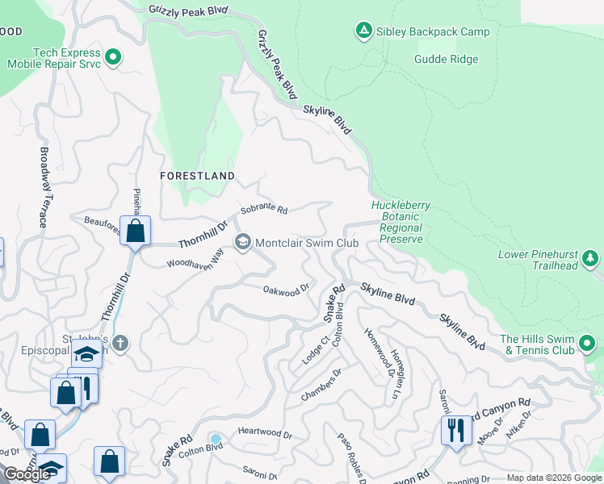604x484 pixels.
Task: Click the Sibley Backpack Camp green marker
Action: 363,31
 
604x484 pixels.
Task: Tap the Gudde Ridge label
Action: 446,59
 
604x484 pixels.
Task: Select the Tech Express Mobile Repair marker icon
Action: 114,56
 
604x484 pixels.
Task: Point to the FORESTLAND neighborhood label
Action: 197,175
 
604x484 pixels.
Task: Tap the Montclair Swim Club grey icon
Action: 242,242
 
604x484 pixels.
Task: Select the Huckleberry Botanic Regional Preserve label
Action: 401,223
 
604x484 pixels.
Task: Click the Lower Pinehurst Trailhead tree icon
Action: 591,258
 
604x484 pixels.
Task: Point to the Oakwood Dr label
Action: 287,288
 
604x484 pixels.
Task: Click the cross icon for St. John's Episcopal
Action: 120,344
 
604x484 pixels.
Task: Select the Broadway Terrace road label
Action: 45,186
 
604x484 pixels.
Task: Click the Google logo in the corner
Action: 27,474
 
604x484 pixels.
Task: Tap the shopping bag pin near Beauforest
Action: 136,231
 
